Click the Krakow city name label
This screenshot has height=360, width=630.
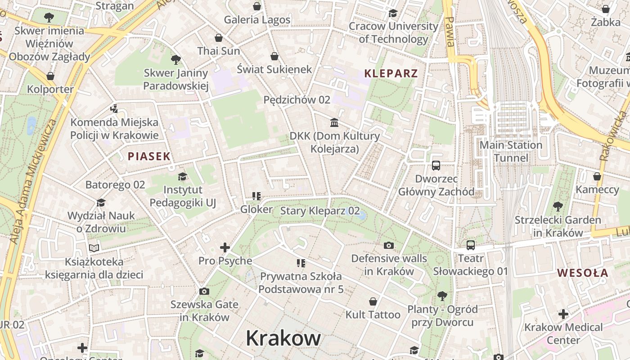(x=283, y=338)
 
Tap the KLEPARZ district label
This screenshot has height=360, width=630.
(x=391, y=73)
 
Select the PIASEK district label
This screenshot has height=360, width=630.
(x=149, y=157)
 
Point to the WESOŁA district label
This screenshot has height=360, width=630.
(x=582, y=273)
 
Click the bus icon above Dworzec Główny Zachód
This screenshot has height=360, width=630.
(x=436, y=166)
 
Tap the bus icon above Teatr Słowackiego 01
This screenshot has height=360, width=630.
(x=470, y=245)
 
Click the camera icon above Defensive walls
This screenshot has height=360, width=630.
(x=389, y=245)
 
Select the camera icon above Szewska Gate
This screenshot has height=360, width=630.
(x=204, y=291)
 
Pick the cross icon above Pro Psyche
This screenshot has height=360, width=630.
(x=225, y=247)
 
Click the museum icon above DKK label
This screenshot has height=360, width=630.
(x=334, y=122)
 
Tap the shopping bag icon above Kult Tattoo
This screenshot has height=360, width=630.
(x=373, y=301)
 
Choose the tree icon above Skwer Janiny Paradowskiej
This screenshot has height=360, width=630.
(x=176, y=59)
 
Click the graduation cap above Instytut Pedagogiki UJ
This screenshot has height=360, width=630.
(x=182, y=176)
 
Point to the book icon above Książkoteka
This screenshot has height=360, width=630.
(x=94, y=248)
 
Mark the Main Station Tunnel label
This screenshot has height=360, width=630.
(x=511, y=151)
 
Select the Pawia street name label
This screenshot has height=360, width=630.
(x=449, y=31)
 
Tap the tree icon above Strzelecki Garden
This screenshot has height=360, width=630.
(x=558, y=207)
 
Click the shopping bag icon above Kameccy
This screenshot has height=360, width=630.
(x=597, y=176)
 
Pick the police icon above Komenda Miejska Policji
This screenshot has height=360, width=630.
(x=114, y=108)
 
